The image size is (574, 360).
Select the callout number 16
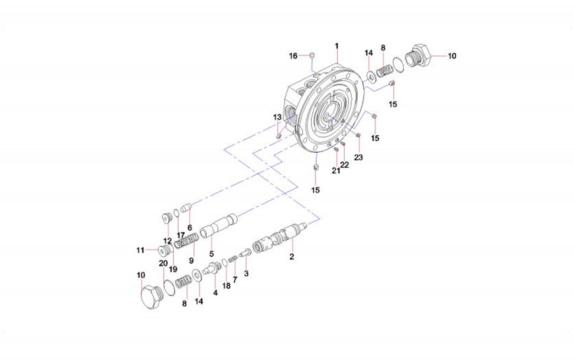[x=293, y=56]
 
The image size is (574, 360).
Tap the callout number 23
[x=358, y=158]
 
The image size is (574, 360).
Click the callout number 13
[x=278, y=117]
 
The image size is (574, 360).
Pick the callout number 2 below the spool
[x=292, y=257]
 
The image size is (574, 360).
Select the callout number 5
[x=211, y=254]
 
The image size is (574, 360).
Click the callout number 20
[x=163, y=263]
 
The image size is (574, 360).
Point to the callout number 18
[x=226, y=286]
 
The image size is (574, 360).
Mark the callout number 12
[x=167, y=241]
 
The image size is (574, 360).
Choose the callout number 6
[x=189, y=228]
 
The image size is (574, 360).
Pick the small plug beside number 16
[x=311, y=54]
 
